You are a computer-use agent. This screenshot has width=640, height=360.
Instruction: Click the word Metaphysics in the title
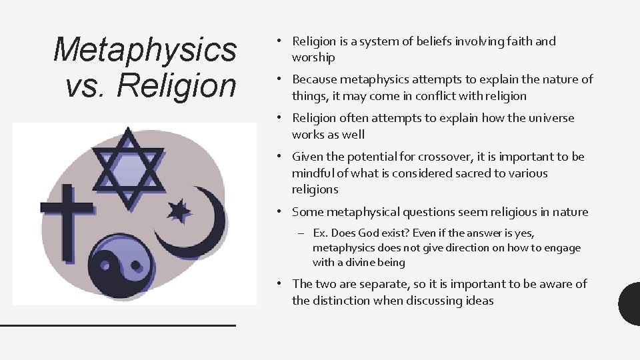coord(145,50)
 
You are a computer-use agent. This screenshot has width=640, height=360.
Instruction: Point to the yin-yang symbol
coord(117,266)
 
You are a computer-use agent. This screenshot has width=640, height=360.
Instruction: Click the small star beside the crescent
coord(179,211)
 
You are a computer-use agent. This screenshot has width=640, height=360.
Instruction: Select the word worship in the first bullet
coord(313,57)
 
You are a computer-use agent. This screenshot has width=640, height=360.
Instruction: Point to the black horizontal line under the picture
coord(117,325)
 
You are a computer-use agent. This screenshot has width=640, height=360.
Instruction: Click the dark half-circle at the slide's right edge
coord(630,304)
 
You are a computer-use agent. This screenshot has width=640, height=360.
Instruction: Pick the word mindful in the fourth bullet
coord(314,173)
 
